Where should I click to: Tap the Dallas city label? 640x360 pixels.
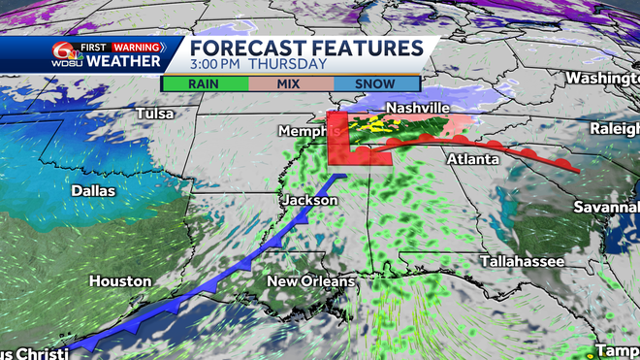(x=93, y=191)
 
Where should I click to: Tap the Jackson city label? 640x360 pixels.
(x=309, y=200)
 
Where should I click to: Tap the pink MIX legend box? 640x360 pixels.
(x=291, y=83)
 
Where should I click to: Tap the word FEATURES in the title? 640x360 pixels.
(x=371, y=49)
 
